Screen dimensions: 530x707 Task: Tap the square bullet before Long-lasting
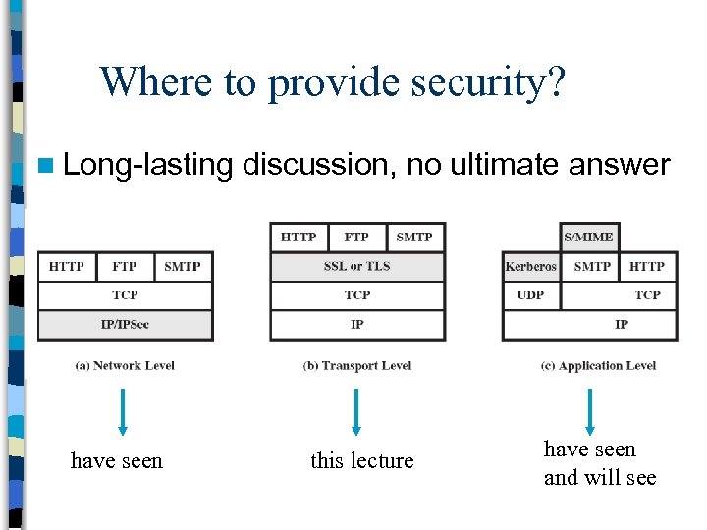[x=45, y=165]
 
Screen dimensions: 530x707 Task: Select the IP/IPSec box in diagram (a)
[x=126, y=324]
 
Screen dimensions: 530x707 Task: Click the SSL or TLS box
[x=357, y=267]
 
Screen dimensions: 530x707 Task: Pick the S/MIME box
[x=589, y=237]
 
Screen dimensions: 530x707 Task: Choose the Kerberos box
[x=531, y=267]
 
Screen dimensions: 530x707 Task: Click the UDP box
[x=531, y=295]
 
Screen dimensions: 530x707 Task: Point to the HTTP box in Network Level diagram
[x=67, y=267]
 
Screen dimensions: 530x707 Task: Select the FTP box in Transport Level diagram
[x=356, y=237]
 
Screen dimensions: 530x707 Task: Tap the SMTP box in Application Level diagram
[x=591, y=267]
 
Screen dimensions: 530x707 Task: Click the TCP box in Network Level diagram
[x=126, y=295]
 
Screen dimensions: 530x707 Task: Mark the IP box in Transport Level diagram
[x=357, y=324]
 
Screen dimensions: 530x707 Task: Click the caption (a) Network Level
[x=125, y=366]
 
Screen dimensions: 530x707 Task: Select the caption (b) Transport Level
[x=357, y=366]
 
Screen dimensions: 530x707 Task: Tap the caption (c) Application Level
[x=598, y=366]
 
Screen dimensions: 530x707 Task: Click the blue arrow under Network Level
[x=122, y=411]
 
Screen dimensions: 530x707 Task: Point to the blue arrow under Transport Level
[x=355, y=411]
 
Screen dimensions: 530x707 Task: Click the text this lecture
[x=362, y=460]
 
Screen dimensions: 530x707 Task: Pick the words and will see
[x=600, y=478]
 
